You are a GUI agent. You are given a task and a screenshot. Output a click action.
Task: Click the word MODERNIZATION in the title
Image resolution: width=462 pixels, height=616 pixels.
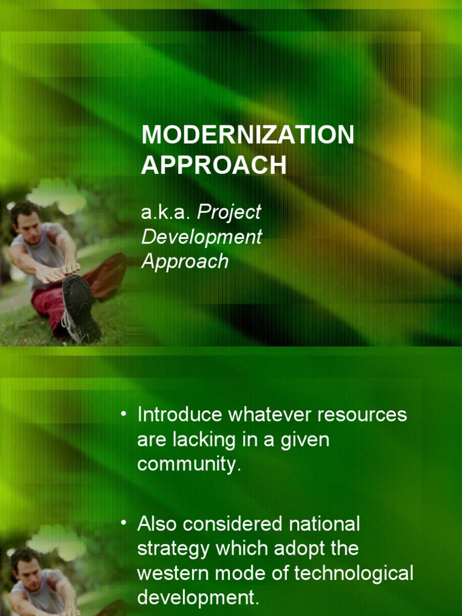(x=247, y=135)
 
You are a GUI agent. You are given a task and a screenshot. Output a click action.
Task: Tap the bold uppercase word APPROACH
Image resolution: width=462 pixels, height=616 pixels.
(x=214, y=165)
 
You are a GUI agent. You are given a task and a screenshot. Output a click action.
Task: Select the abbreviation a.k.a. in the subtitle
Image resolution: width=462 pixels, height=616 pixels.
(x=165, y=212)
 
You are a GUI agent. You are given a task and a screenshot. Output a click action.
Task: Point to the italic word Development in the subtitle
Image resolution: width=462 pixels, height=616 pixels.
(x=202, y=237)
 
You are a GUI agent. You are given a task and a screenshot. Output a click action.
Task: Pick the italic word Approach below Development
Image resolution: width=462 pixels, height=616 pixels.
(x=185, y=262)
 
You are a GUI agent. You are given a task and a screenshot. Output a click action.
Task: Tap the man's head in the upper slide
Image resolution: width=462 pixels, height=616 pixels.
(x=25, y=221)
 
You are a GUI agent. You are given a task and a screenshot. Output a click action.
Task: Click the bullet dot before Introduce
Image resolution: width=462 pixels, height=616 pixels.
(x=124, y=414)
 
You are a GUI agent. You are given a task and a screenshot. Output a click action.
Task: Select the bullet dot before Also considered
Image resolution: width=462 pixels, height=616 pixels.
(x=124, y=523)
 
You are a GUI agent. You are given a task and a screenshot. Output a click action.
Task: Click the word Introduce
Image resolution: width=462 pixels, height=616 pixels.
(x=180, y=415)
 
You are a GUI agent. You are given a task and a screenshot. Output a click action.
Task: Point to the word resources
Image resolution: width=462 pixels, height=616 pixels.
(x=362, y=416)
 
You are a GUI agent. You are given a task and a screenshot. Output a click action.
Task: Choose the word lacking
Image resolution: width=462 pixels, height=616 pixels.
(x=204, y=440)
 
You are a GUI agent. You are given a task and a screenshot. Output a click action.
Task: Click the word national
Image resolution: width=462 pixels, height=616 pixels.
(x=324, y=524)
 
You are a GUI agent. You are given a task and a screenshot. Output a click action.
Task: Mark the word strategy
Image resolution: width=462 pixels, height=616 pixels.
(x=173, y=549)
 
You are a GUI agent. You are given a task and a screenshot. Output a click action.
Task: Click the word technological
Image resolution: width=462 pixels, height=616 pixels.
(x=354, y=573)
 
